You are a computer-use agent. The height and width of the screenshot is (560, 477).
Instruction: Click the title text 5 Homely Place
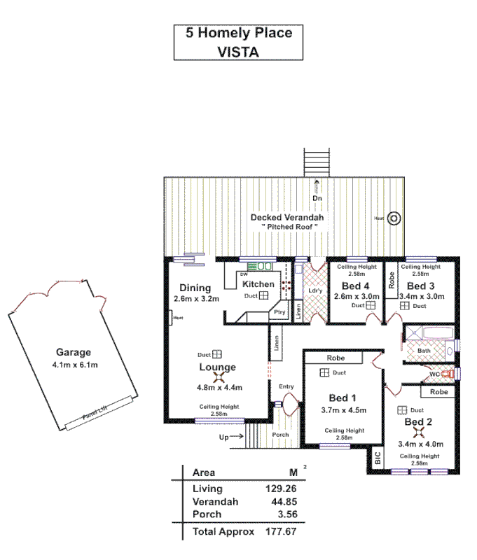[x=238, y=33]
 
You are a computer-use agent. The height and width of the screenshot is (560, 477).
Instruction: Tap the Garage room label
[x=74, y=353]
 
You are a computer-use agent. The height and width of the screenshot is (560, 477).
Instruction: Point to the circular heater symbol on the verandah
[x=394, y=218]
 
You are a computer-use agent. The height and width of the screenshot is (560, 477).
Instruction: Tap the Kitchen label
[x=258, y=284]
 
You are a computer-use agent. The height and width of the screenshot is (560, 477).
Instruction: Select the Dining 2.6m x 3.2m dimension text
[x=197, y=299]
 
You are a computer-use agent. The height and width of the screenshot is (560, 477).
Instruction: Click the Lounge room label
[x=218, y=367]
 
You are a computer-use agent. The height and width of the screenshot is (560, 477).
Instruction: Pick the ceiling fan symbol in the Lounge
[x=218, y=378]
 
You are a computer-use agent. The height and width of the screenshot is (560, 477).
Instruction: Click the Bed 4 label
[x=356, y=286]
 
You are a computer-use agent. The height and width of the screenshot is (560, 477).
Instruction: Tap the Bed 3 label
[x=421, y=286]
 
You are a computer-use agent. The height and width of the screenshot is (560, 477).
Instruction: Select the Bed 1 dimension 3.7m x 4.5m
[x=344, y=410]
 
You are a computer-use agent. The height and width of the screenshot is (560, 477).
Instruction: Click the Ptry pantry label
[x=279, y=312]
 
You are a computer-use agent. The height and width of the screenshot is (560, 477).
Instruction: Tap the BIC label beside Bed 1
[x=378, y=459]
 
